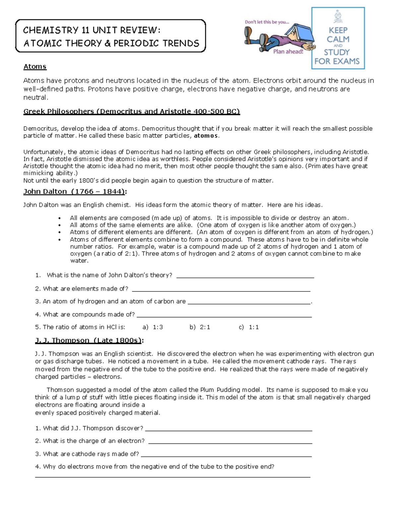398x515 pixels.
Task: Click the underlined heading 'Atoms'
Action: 35,67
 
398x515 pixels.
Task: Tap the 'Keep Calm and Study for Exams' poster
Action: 338,38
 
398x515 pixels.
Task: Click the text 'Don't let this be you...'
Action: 267,22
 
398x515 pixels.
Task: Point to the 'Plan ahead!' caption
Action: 288,52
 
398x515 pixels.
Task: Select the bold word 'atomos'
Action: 206,136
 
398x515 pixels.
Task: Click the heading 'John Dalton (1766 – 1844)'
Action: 75,192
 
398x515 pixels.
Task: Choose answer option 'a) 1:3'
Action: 153,327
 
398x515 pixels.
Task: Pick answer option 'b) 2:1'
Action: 200,327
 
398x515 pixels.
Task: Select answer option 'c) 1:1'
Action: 249,327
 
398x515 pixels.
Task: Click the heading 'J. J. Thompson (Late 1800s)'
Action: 89,341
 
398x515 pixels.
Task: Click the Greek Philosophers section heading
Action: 131,111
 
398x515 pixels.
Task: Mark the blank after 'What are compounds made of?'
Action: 224,315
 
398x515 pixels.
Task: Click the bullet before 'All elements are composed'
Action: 60,218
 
